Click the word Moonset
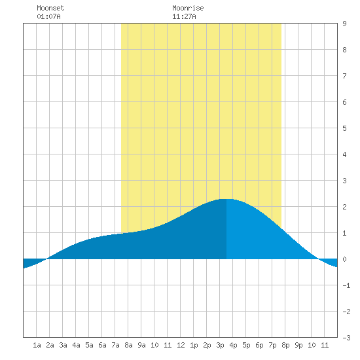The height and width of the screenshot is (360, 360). coord(50,8)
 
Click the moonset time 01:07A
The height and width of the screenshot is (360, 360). coord(48,16)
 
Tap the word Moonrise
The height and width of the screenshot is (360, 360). coord(188,8)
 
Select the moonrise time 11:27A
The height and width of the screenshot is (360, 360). coord(184,16)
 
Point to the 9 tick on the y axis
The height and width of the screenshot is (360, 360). coord(344,24)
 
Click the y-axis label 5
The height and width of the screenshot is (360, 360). coord(344,128)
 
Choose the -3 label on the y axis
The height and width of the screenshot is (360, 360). coord(346,338)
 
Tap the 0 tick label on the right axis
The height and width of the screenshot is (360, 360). coord(344,259)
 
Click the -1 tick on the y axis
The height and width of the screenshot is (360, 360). coord(346,285)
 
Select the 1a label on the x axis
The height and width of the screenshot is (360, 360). coord(37,345)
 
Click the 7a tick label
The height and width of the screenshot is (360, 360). coord(115,345)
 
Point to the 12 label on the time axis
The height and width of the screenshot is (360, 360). coord(181,345)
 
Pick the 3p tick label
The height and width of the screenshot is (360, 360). coord(220,345)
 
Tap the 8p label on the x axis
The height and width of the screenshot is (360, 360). coord(285,345)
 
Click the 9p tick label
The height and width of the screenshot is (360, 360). coord(298,345)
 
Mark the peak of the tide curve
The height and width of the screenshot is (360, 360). coord(226,199)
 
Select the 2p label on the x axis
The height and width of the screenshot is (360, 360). coord(207,345)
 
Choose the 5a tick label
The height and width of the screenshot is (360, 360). coord(89,345)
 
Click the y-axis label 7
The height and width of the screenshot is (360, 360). coord(344,76)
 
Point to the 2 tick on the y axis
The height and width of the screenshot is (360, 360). coord(344,207)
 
